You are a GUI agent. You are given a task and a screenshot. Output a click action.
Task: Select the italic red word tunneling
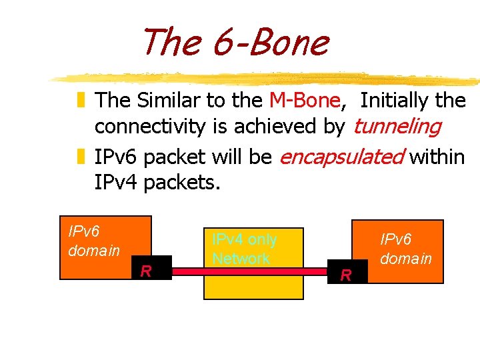click(397, 126)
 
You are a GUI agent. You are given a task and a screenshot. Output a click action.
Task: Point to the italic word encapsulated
click(341, 157)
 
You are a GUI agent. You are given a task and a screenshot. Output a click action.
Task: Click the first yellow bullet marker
click(81, 101)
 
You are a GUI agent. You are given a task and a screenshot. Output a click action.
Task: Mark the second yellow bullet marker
click(81, 158)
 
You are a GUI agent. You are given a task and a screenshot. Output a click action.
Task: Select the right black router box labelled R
click(348, 273)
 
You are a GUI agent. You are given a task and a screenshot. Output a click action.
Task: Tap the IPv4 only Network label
click(244, 249)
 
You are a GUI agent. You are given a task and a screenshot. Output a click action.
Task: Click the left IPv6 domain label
click(94, 241)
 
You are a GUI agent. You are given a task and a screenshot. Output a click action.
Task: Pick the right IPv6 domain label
click(406, 248)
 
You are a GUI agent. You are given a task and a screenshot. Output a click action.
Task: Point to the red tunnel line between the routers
click(253, 271)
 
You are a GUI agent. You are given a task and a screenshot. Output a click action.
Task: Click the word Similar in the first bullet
click(169, 101)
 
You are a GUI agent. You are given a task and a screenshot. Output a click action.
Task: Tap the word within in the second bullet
click(437, 157)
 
